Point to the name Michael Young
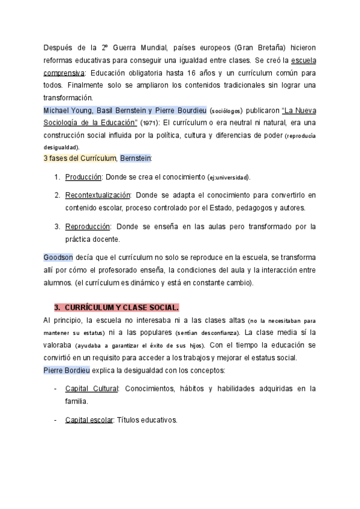pos(65,110)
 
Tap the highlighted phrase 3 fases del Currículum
pos(80,158)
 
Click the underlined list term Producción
pos(83,178)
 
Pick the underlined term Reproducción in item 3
pos(88,226)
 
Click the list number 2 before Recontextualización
pos(57,195)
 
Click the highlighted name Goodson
pos(58,258)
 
